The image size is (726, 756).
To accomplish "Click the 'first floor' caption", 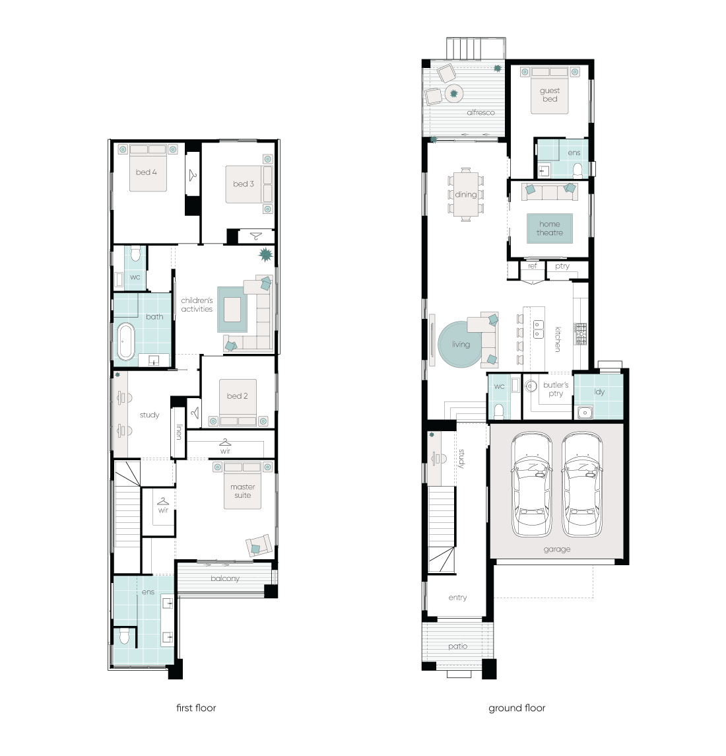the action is click(196, 708).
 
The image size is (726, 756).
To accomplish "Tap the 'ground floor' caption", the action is click(517, 708).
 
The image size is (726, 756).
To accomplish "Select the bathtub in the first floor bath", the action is click(126, 341).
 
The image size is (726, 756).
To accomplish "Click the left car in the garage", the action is click(531, 484).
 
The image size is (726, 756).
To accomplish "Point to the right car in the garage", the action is click(582, 484).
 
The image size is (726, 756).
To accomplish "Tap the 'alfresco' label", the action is click(480, 112).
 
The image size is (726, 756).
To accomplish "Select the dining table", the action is click(466, 195).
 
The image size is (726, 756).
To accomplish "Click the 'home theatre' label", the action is click(550, 228).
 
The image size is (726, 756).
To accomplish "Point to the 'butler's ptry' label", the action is click(556, 389).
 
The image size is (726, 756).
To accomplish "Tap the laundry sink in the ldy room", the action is click(585, 413).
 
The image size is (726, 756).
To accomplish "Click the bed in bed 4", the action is click(148, 168).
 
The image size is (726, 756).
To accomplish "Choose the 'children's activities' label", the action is click(197, 305).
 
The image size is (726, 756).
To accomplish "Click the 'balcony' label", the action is click(224, 578).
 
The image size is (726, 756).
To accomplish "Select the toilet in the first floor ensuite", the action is click(124, 636).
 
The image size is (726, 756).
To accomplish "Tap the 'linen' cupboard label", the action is click(179, 432).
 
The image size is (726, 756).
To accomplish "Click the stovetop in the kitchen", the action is click(580, 333).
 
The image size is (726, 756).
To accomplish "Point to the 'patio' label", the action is click(457, 646).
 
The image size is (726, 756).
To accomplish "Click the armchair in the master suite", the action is click(259, 546).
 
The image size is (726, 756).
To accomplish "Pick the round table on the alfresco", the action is click(453, 94).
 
